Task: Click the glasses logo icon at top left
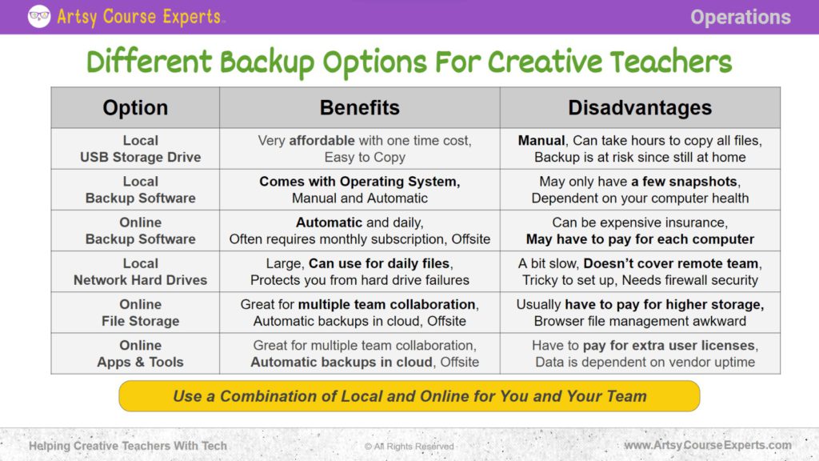pos(39,17)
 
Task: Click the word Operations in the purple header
pos(740,17)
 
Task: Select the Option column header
pos(135,108)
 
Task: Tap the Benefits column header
pos(359,108)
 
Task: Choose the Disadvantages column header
pos(640,108)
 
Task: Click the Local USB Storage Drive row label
pos(140,149)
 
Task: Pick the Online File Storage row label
pos(140,313)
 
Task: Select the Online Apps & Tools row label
pos(140,354)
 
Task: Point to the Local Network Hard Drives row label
pos(140,272)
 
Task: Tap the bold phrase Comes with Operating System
pos(359,182)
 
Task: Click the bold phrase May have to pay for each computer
pos(640,239)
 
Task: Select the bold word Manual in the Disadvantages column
pos(541,141)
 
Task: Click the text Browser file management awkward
pos(640,322)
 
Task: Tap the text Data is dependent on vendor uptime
pos(645,363)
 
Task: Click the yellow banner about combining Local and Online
pos(409,396)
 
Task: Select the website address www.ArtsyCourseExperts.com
pos(708,446)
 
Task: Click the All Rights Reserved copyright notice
pos(409,447)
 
